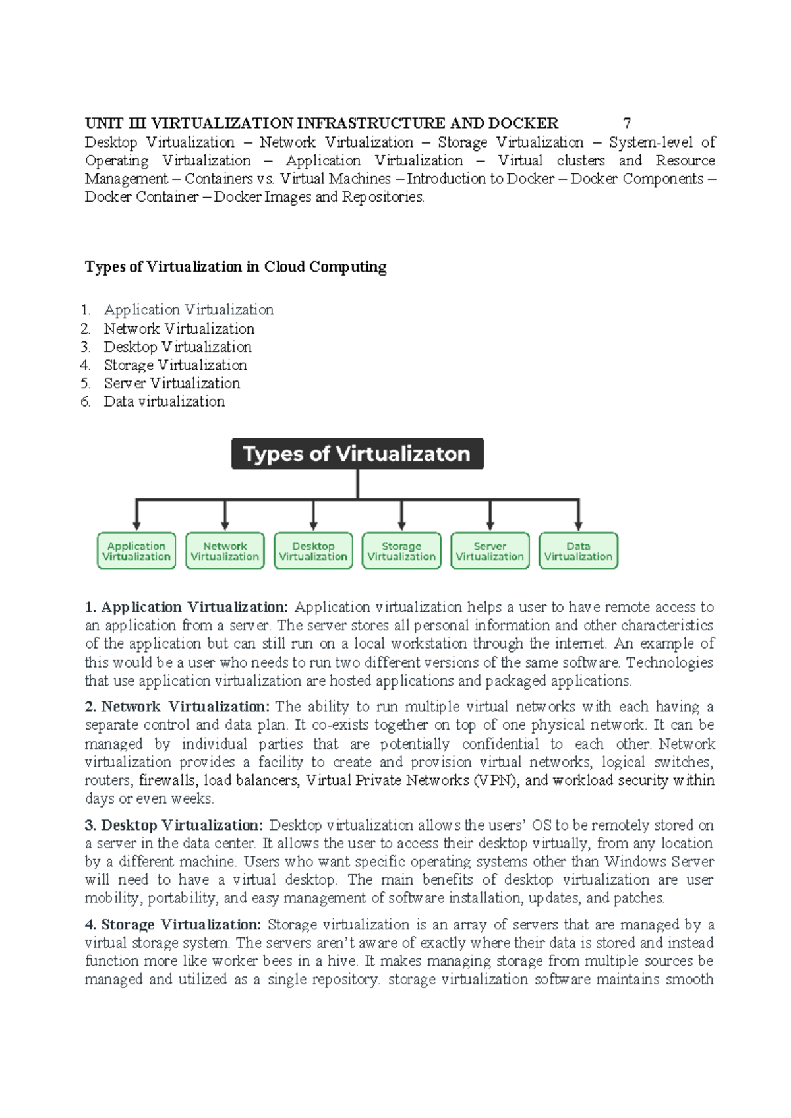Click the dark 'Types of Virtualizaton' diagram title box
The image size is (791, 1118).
[357, 454]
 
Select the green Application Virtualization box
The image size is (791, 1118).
[136, 551]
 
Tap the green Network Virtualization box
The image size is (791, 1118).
[225, 551]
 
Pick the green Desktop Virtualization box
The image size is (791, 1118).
[313, 551]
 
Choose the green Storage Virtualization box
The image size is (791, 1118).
[401, 551]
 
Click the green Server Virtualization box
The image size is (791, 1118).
[490, 551]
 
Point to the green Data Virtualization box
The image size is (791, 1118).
[578, 551]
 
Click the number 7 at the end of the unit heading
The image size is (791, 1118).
[627, 123]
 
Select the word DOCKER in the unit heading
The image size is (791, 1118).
[523, 123]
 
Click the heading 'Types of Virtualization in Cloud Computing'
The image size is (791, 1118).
[235, 267]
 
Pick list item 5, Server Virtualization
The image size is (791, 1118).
[171, 384]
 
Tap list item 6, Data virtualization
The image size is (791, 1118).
[164, 401]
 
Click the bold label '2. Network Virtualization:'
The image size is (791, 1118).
[177, 707]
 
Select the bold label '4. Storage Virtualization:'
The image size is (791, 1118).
[173, 925]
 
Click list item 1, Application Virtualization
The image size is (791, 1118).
[189, 310]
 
